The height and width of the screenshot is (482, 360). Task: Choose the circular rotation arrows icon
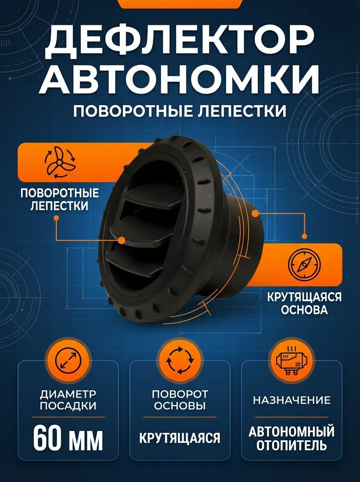[x=180, y=359]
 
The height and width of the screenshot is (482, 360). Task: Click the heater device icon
[x=292, y=359]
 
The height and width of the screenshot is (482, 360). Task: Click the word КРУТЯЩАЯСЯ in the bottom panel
[x=180, y=437]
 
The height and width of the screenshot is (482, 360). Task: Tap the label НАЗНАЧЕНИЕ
[x=292, y=400]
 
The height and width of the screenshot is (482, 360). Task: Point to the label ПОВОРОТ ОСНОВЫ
[x=180, y=399]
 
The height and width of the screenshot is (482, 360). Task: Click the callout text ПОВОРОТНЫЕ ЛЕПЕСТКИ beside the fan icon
[x=59, y=199]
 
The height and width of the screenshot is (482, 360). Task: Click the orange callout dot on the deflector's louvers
[x=122, y=240]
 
